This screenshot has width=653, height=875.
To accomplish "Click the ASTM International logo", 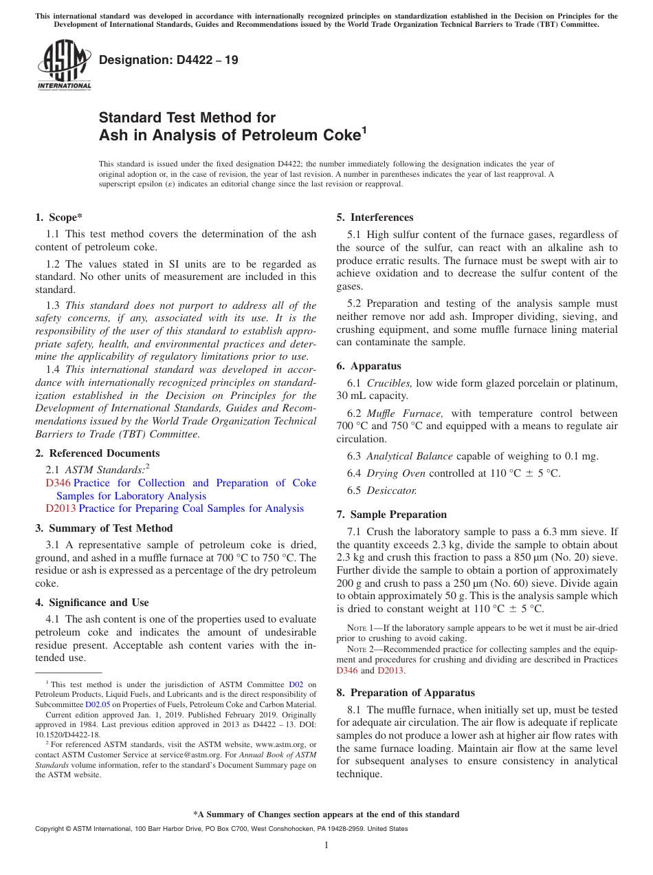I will click(x=64, y=66).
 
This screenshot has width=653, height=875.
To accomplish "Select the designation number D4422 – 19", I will click(x=168, y=60).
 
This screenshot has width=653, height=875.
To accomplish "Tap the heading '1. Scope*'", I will click(x=59, y=217).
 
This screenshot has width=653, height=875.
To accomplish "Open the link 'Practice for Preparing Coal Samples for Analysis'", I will click(x=191, y=508).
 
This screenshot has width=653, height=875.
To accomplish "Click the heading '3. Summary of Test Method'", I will click(x=104, y=528).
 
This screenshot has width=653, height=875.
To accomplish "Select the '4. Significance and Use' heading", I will click(x=92, y=603).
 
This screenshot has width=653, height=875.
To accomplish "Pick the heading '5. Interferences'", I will click(x=375, y=217).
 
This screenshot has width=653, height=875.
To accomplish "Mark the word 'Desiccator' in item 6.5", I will click(x=391, y=490).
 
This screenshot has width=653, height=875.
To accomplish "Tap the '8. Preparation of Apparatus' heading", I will click(x=406, y=693).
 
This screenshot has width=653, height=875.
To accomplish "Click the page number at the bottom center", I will click(x=326, y=845).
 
